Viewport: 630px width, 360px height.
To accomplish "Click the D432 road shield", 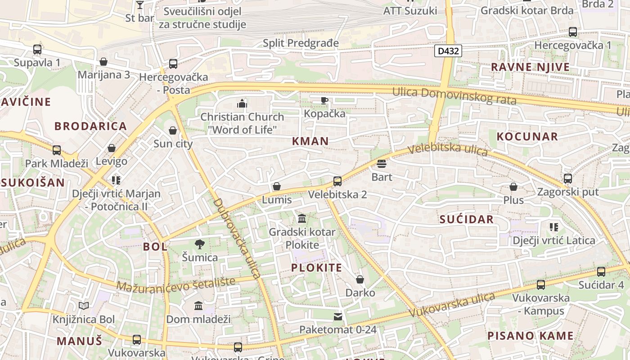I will tap(448, 51).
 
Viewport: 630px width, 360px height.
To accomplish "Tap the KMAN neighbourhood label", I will tap(310, 141).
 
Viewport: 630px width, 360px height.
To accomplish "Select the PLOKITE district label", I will tap(316, 268).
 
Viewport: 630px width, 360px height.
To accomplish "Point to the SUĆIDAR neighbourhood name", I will tap(467, 220).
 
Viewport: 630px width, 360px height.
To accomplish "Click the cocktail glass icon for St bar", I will tap(139, 5).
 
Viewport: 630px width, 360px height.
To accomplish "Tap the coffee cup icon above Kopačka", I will tap(324, 100).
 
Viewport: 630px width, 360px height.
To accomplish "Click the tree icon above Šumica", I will tap(200, 244).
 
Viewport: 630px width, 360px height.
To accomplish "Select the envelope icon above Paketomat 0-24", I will tap(338, 317).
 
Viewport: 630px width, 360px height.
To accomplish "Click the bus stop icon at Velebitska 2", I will tap(337, 181).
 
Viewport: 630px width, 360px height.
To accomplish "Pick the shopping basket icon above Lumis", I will tap(277, 186).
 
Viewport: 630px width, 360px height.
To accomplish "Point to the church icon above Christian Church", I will tap(242, 104).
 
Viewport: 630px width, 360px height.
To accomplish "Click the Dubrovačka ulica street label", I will tap(238, 238).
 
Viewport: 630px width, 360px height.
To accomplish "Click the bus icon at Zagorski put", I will tap(568, 179).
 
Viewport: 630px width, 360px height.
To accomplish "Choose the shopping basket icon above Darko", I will tap(360, 279).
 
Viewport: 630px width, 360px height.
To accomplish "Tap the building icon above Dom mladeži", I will tap(198, 306).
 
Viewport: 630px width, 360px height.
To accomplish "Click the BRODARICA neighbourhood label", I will tap(91, 126).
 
